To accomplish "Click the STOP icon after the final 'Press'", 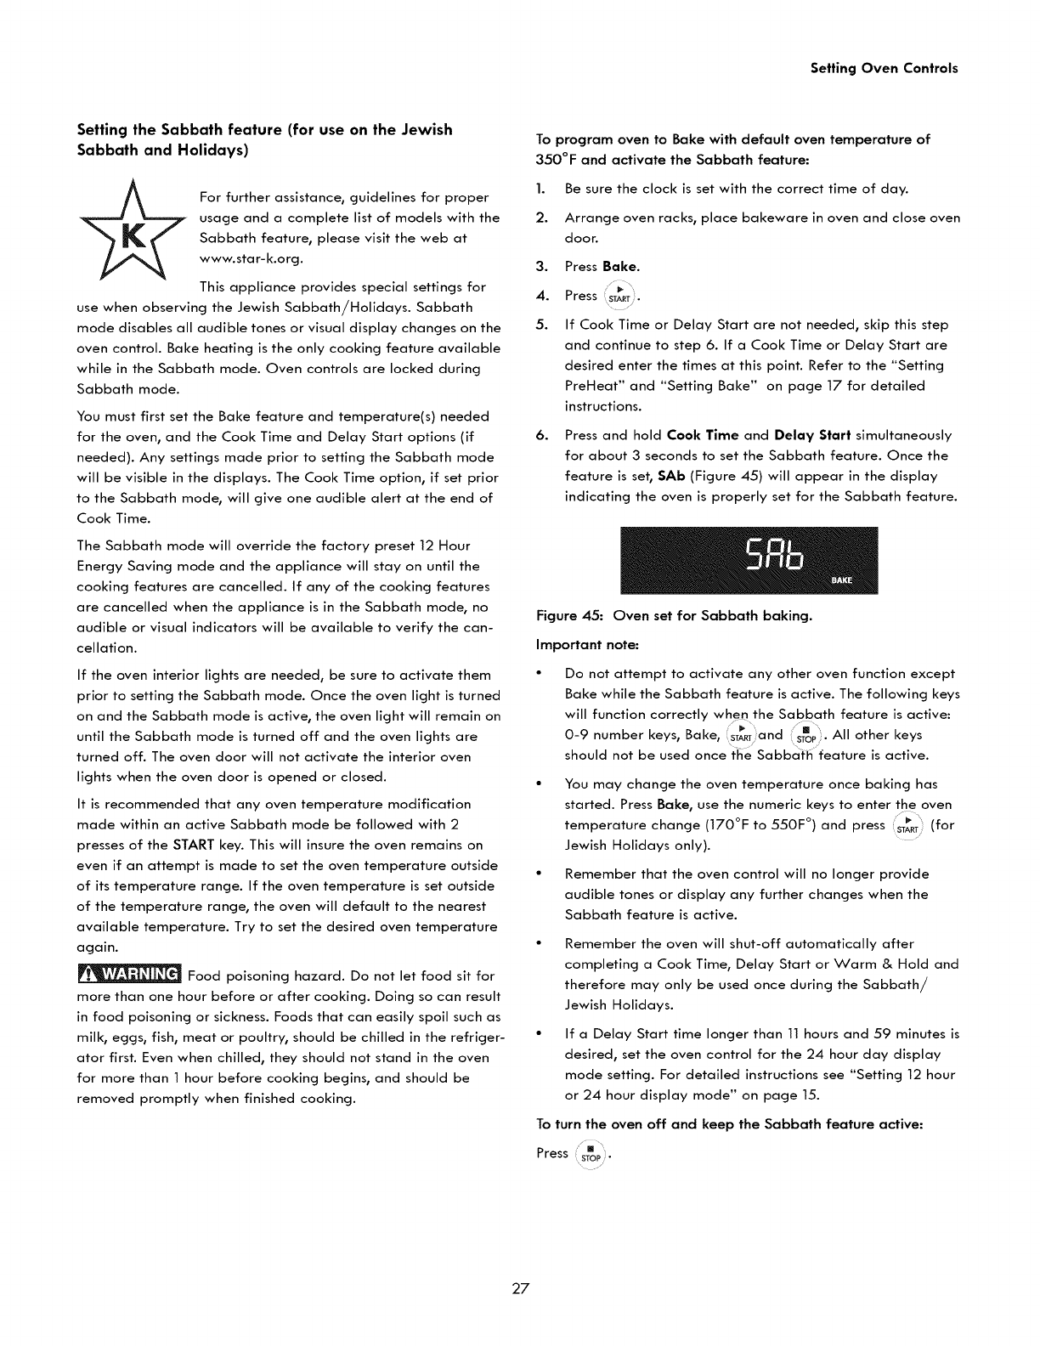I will click(x=589, y=1154).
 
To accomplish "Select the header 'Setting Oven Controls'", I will click(x=884, y=68).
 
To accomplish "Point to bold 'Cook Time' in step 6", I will click(x=704, y=435).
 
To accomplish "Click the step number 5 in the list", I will click(x=541, y=325).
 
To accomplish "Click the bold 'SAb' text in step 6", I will click(x=671, y=476).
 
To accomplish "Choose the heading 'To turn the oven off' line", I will click(x=729, y=1124).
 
